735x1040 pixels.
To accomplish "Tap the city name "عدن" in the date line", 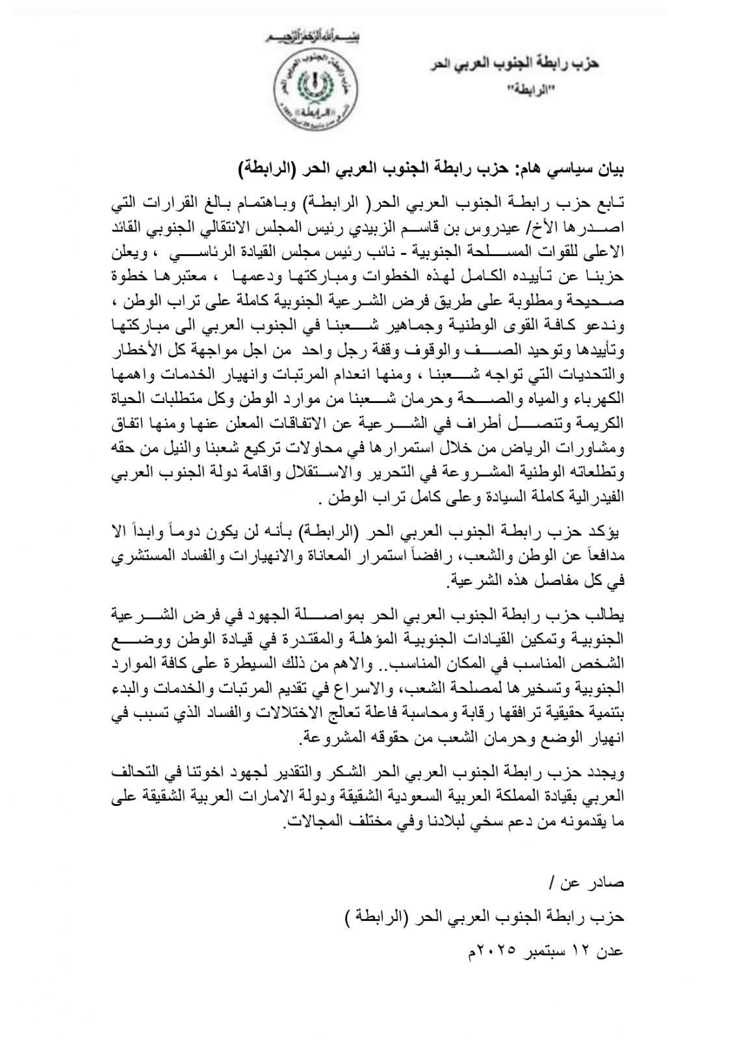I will tap(610, 951).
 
